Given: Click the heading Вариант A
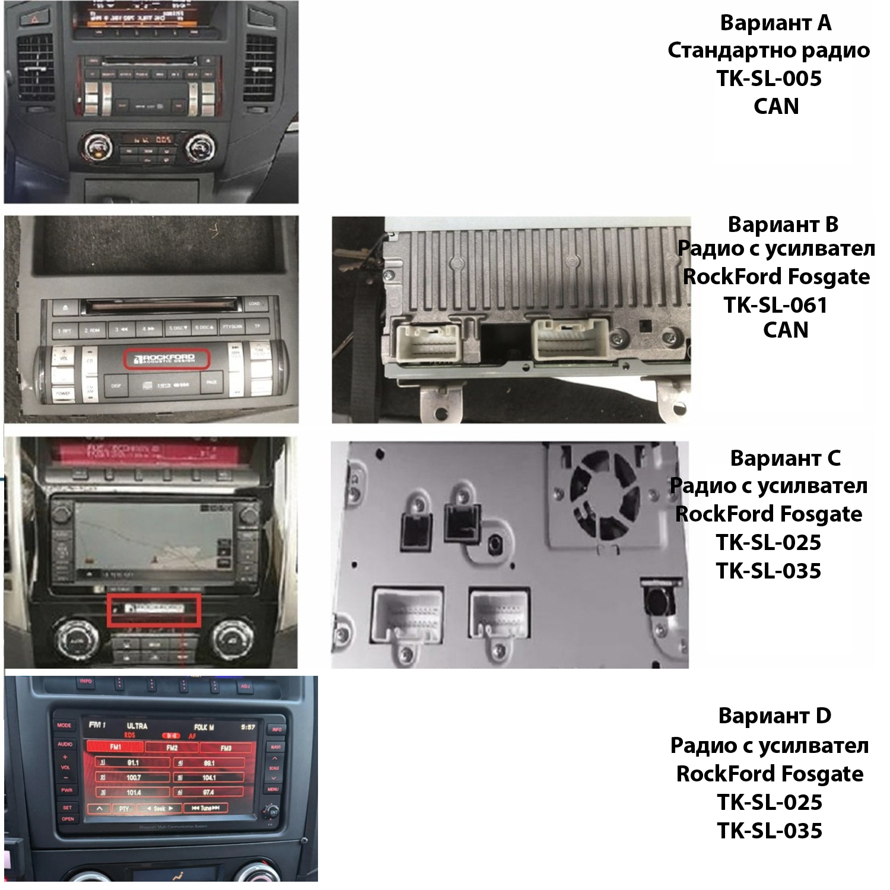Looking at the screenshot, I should [x=775, y=23].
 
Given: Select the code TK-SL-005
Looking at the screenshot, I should [x=769, y=78].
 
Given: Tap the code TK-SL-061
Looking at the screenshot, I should [x=775, y=305].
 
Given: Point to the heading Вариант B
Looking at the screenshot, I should [x=783, y=225].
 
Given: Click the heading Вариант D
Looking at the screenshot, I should [x=774, y=716].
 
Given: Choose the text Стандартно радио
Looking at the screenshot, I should [x=768, y=50].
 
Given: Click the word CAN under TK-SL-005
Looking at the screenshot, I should [x=776, y=106].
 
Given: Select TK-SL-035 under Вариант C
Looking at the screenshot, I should [x=768, y=571].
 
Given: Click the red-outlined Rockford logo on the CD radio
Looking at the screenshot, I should [x=166, y=359].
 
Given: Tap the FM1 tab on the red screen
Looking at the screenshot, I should [x=115, y=747].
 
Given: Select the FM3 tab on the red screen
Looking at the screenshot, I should [x=225, y=748].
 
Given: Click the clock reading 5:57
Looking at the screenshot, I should [x=248, y=727].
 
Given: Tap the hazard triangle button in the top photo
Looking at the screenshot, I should [x=29, y=18].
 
